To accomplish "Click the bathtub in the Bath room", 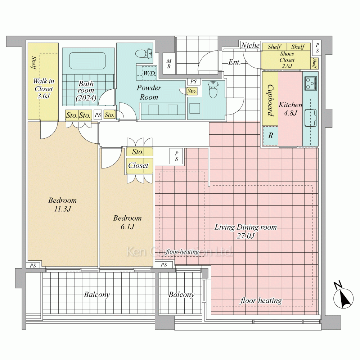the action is [x=87, y=60].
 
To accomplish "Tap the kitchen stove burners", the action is [x=311, y=84].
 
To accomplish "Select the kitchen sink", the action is [x=310, y=118].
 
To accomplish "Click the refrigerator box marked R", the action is [x=270, y=136].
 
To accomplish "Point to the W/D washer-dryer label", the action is [x=149, y=73].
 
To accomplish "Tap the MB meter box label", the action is [x=169, y=64].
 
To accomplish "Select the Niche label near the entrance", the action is [x=250, y=45].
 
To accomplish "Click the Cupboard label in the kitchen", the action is [x=270, y=100].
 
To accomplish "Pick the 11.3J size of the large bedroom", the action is [x=62, y=209].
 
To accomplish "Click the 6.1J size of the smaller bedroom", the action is [x=127, y=227].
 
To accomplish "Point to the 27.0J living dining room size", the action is [x=246, y=236].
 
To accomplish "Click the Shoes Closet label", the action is [x=287, y=60].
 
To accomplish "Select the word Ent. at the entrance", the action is [x=234, y=62].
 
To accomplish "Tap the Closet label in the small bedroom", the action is [x=138, y=165].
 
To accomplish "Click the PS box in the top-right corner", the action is [x=317, y=48].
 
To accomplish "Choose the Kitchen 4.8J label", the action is [x=291, y=109].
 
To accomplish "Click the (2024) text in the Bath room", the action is [x=86, y=98].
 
